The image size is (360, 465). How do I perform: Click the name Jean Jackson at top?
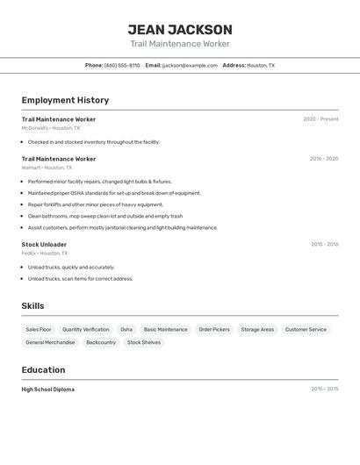(x=180, y=30)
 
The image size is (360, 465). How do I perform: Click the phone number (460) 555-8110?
(x=122, y=65)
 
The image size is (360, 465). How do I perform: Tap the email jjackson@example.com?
(x=190, y=65)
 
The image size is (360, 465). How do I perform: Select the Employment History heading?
(x=65, y=101)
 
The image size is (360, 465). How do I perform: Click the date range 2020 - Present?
(x=320, y=119)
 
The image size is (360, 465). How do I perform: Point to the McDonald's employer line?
(x=51, y=128)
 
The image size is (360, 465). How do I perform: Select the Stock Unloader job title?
(x=44, y=245)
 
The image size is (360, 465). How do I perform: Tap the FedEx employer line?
(x=45, y=254)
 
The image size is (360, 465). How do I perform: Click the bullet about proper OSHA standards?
(x=114, y=193)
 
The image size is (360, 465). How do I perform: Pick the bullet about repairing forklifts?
(x=96, y=204)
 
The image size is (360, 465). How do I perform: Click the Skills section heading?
(x=32, y=306)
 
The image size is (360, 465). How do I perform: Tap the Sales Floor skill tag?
(x=39, y=330)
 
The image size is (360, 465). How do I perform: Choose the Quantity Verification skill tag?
(x=86, y=330)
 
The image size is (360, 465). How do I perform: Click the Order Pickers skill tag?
(x=214, y=330)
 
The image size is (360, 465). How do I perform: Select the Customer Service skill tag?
(x=306, y=330)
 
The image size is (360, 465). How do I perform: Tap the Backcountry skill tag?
(x=101, y=342)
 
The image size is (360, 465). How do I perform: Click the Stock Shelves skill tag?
(x=144, y=342)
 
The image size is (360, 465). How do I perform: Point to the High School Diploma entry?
(x=48, y=390)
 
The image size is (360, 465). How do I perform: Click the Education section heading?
(x=43, y=370)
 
